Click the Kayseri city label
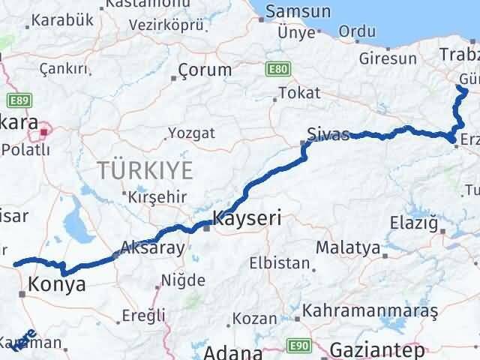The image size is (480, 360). [247, 219]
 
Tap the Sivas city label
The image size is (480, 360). [328, 135]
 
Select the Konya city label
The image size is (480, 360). [56, 284]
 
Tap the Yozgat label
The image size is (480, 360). [191, 133]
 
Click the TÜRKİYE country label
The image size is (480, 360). [145, 170]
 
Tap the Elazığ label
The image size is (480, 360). [413, 222]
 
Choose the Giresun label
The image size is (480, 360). [388, 58]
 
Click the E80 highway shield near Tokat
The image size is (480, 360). [276, 68]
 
